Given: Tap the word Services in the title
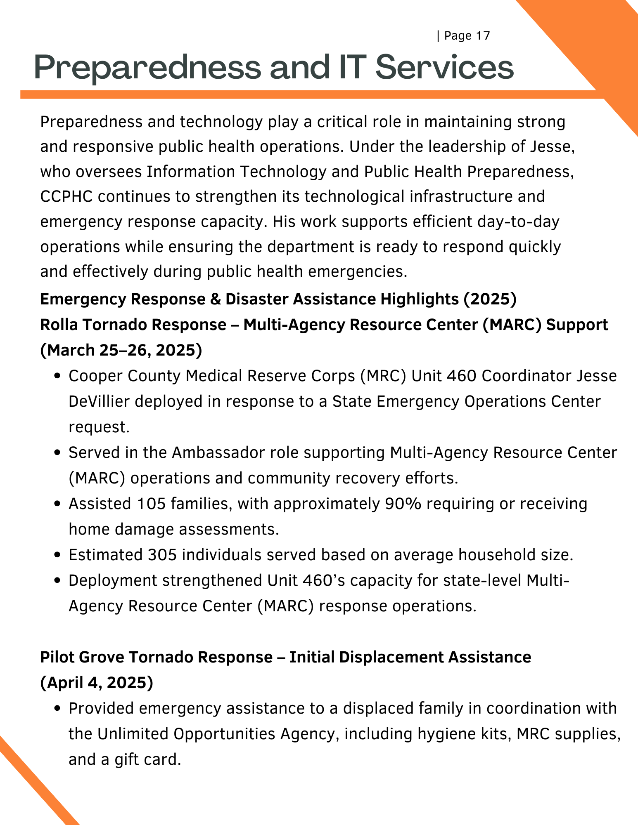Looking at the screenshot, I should pos(444,67).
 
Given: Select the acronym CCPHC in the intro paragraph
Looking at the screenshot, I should pos(66,197).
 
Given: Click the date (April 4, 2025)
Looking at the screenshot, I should pos(97,683).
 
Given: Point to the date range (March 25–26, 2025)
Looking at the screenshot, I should pos(121,350).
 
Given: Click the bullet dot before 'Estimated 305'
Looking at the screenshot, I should pos(58,555).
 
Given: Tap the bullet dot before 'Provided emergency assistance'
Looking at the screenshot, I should pos(58,709).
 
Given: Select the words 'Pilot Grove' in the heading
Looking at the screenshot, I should pos(82,657).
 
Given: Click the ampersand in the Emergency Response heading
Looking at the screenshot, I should pos(215,299).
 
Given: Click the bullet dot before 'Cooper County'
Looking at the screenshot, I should pos(58,376).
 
